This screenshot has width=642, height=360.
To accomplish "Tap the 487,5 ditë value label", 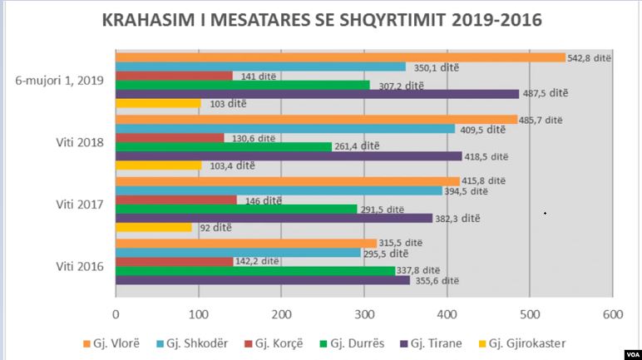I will [x=546, y=93].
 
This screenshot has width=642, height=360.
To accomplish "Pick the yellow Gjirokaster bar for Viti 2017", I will [x=153, y=227].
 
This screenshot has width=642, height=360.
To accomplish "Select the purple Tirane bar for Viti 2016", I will [x=262, y=280].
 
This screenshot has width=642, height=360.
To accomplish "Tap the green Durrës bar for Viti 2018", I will [x=224, y=146].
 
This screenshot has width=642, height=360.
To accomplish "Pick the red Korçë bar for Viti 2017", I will [x=175, y=200].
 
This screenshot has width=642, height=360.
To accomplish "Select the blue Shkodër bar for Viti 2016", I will [x=238, y=253].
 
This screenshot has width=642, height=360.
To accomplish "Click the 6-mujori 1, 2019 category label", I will [x=59, y=81].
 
